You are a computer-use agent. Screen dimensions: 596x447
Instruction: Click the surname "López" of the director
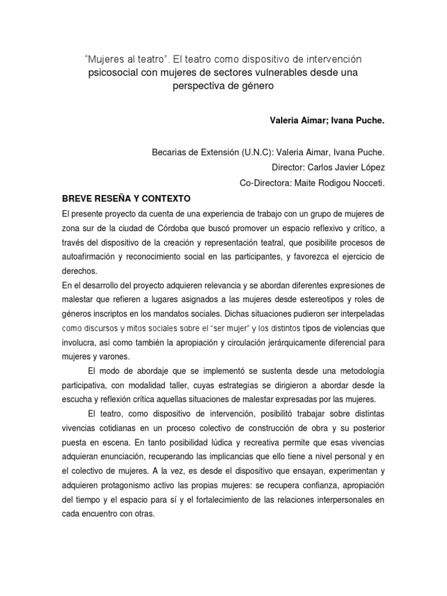371,168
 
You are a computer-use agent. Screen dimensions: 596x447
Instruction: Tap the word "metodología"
359,370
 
